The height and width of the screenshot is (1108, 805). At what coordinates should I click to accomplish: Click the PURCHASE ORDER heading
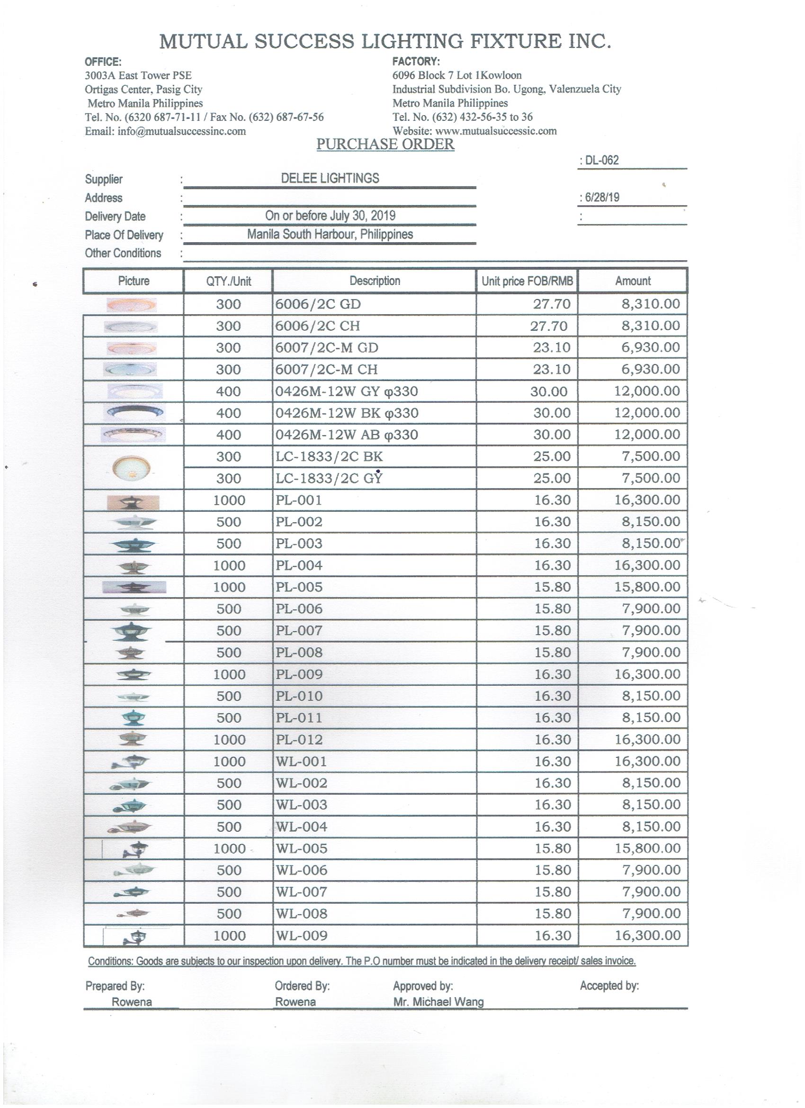tap(385, 144)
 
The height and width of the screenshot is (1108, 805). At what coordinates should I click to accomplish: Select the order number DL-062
tap(601, 160)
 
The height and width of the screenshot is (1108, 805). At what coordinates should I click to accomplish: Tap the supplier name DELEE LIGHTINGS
tap(330, 178)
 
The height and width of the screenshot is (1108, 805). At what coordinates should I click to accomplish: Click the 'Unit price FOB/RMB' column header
tap(527, 281)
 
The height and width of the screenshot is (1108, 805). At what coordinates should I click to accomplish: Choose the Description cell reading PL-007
tap(299, 631)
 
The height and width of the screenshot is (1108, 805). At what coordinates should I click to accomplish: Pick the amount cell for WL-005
tap(647, 848)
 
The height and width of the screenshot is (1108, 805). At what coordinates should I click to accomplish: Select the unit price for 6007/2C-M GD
tap(552, 348)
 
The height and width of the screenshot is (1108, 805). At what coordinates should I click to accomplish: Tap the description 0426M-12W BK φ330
tap(347, 413)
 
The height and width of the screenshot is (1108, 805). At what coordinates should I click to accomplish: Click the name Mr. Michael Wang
tap(438, 1002)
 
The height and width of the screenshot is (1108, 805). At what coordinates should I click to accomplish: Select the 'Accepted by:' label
tap(609, 986)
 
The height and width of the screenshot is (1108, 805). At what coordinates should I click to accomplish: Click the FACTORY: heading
tap(416, 62)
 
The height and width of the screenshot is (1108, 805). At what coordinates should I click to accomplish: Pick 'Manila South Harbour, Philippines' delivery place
tap(330, 235)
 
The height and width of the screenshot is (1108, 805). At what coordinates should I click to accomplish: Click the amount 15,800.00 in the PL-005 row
tap(647, 587)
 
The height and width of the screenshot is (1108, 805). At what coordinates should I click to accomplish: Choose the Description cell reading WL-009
tap(302, 935)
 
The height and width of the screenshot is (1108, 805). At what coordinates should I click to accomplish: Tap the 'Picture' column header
tap(134, 281)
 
